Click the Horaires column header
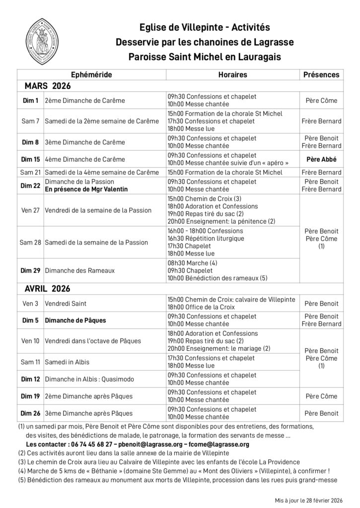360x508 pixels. (232, 75)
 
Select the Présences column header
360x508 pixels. (321, 75)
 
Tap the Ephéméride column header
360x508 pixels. (92, 75)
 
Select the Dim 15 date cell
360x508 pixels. (30, 160)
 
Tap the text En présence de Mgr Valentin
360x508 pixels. (86, 189)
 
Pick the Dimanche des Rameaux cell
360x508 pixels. (79, 271)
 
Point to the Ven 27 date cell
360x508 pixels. (30, 210)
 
